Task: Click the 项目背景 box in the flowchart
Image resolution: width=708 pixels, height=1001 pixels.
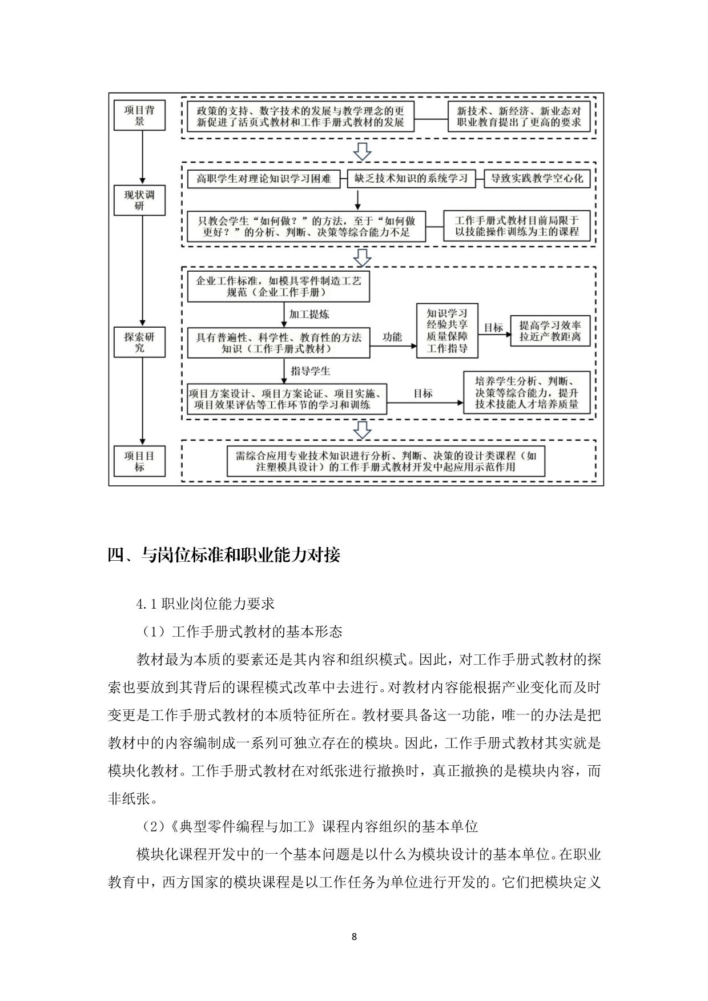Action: point(139,115)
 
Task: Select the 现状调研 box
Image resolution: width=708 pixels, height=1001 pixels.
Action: point(139,200)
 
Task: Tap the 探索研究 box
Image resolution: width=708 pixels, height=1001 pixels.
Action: point(139,342)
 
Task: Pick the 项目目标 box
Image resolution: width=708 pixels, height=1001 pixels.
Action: point(139,461)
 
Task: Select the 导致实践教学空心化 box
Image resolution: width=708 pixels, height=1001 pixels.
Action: point(536,179)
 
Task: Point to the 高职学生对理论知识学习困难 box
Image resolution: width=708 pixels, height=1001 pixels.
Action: point(264,179)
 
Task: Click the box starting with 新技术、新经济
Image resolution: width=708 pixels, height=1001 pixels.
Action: point(518,117)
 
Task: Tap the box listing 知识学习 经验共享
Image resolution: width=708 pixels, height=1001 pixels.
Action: point(447,331)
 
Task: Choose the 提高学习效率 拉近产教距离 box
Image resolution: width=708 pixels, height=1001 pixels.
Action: point(549,331)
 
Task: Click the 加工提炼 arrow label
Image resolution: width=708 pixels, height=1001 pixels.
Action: point(309,314)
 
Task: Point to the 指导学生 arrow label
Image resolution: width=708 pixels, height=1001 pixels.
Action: point(311,371)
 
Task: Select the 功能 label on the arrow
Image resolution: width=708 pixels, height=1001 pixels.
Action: point(392,337)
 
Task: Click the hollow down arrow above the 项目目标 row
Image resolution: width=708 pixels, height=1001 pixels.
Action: point(363,430)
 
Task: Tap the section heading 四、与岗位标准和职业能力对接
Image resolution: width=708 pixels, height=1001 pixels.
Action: point(224,555)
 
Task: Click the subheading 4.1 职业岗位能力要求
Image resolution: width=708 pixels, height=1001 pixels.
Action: point(206,604)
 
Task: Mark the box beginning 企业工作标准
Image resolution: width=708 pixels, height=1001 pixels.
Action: point(279,287)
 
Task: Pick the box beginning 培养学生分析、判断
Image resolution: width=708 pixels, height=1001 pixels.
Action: point(526,393)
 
